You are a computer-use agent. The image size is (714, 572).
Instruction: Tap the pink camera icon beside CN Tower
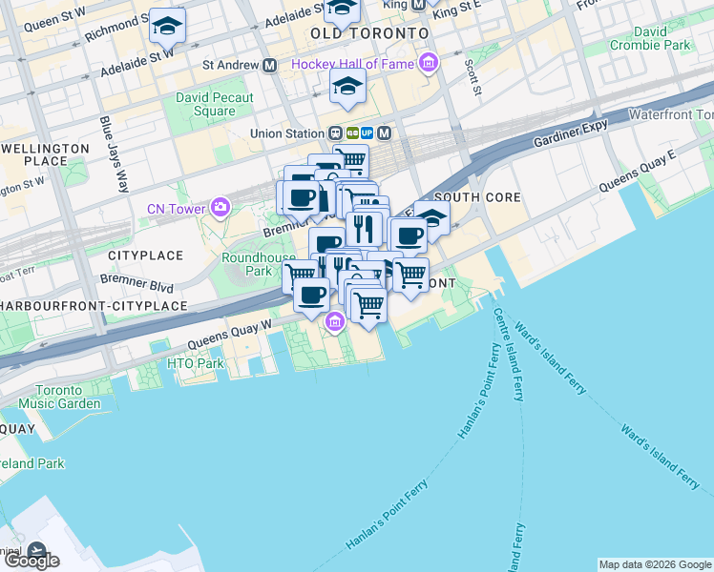click(221, 207)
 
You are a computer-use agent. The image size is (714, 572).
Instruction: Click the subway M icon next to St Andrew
click(270, 65)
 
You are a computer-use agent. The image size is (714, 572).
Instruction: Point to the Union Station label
click(286, 133)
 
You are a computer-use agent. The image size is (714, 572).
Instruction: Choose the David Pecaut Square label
click(215, 104)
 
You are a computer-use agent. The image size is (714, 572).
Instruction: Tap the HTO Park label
click(195, 363)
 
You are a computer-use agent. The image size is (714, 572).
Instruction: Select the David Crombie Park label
click(651, 38)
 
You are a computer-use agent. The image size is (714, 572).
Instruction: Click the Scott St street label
click(471, 77)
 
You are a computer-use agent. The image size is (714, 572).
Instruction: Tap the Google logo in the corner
click(31, 561)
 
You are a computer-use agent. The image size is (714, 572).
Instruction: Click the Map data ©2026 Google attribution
click(654, 564)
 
